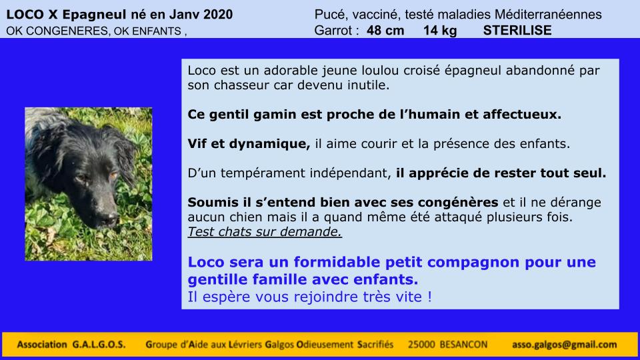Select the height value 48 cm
click(385, 31)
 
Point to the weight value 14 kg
click(440, 31)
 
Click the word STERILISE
click(517, 31)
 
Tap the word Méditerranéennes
click(548, 15)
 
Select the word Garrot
click(333, 31)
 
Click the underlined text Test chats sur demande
click(265, 232)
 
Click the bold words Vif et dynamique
click(249, 144)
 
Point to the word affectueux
click(522, 114)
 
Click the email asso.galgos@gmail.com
click(565, 345)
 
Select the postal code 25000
click(421, 345)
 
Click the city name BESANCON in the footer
click(464, 345)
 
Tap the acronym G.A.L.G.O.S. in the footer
click(99, 345)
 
